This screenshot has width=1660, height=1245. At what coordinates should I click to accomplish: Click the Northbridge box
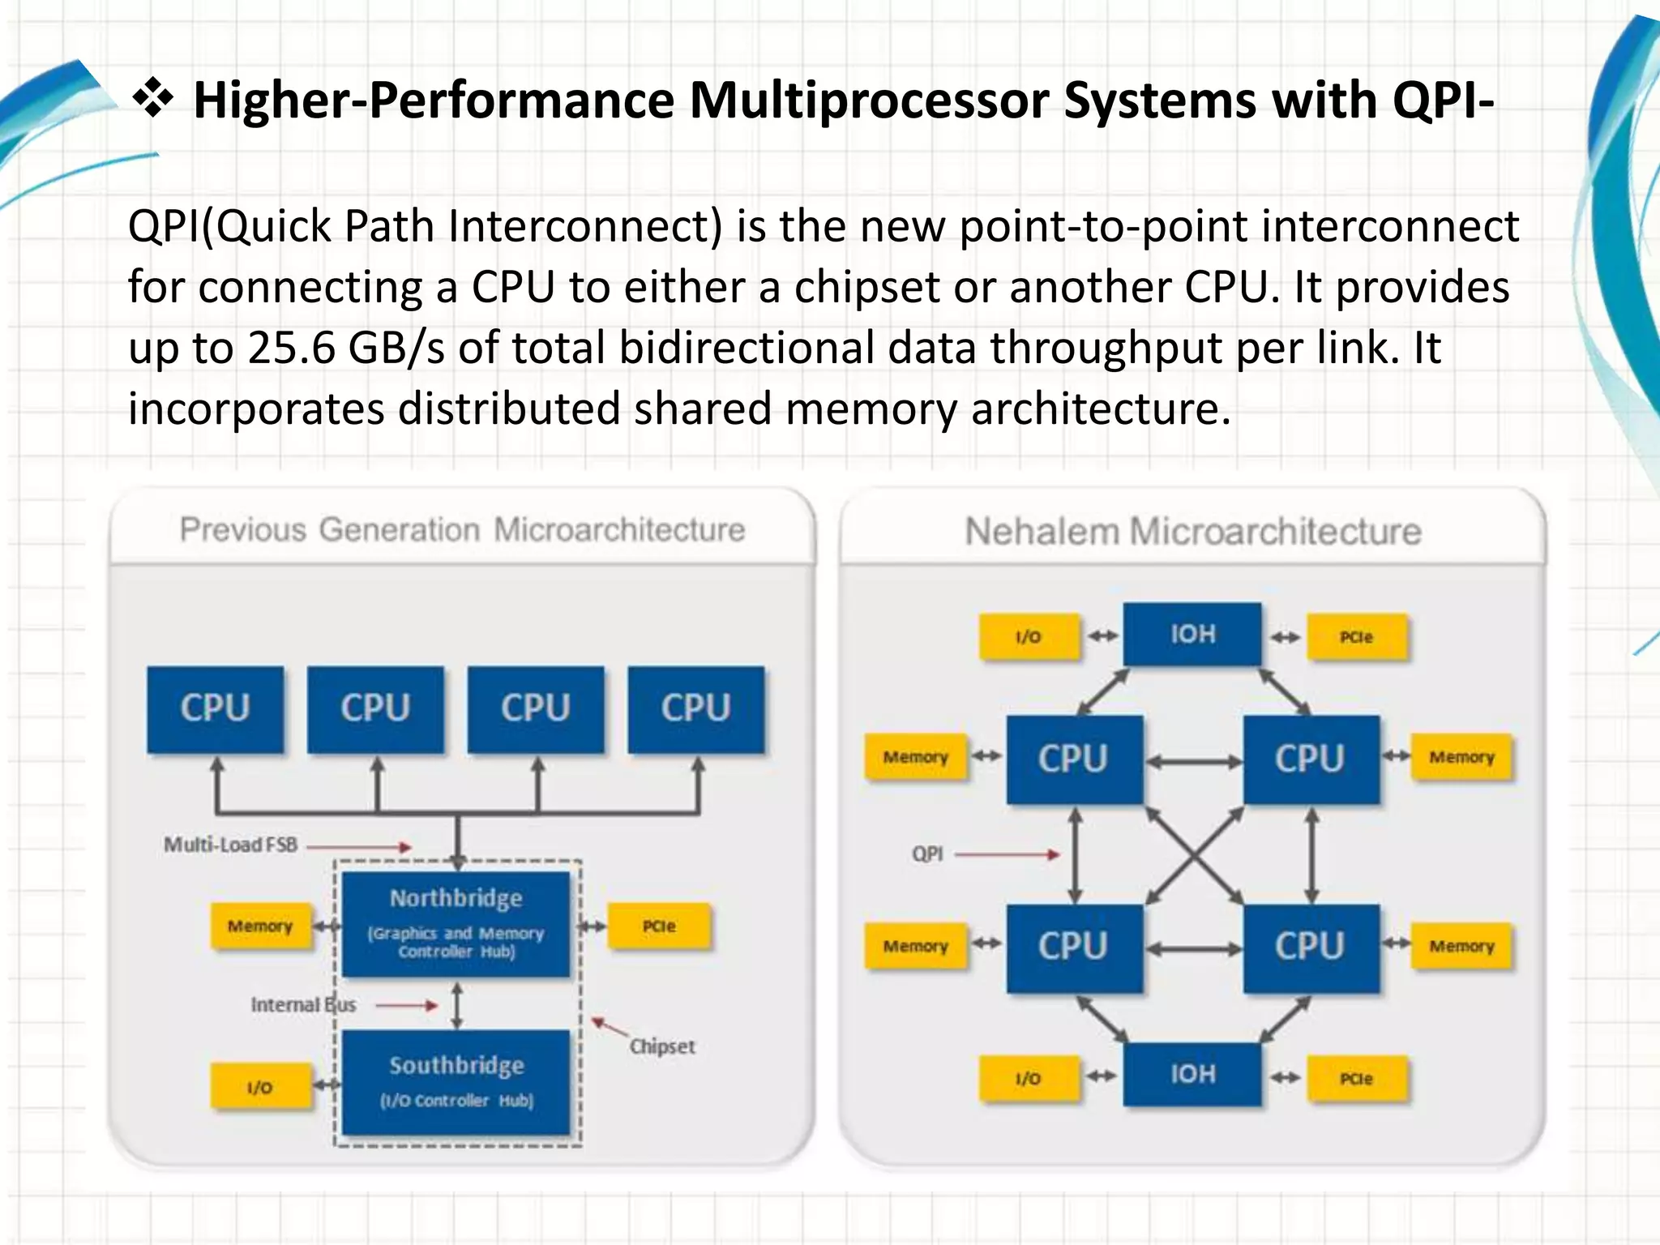(x=456, y=924)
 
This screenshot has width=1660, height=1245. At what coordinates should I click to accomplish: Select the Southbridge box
(x=456, y=1081)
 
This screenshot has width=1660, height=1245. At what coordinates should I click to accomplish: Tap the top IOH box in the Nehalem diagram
(x=1192, y=634)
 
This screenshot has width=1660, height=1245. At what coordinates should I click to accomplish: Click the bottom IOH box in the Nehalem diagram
(x=1192, y=1074)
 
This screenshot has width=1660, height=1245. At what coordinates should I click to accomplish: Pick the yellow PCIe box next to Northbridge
(x=659, y=926)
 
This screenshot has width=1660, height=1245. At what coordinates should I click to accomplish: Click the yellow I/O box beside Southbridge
(x=260, y=1087)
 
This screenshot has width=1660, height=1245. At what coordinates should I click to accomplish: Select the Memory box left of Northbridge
(x=260, y=926)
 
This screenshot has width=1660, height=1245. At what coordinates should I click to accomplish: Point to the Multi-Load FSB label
(x=231, y=845)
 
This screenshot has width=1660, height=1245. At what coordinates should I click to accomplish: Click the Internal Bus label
(x=303, y=1005)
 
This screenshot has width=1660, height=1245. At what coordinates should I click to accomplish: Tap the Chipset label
(x=662, y=1046)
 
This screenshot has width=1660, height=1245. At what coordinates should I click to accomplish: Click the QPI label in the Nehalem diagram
(x=927, y=854)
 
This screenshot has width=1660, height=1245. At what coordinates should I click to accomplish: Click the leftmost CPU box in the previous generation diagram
(x=215, y=708)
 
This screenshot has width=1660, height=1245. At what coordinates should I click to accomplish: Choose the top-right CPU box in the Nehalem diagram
(x=1310, y=759)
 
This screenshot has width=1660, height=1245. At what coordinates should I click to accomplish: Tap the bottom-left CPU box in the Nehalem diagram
(x=1073, y=947)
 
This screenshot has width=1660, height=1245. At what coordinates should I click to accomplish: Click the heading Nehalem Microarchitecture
(x=1192, y=532)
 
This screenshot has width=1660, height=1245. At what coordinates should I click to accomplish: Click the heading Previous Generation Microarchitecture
(x=462, y=530)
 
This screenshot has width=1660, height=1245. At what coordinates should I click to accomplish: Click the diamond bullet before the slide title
(x=152, y=101)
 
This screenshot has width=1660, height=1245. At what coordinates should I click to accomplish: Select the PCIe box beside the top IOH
(x=1356, y=637)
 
